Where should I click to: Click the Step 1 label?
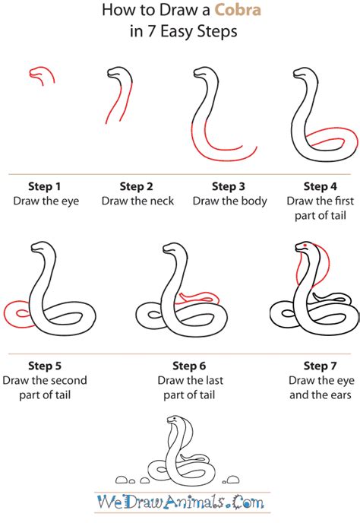coord(45,186)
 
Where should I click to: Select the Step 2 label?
coord(137,186)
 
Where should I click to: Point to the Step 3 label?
coord(229,186)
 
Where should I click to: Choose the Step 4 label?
coord(320,186)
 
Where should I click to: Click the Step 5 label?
coord(45,366)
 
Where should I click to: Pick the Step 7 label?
coord(320,366)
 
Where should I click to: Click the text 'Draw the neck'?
coord(137,201)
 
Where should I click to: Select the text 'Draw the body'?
coord(229,201)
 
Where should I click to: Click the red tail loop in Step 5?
coord(15,312)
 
